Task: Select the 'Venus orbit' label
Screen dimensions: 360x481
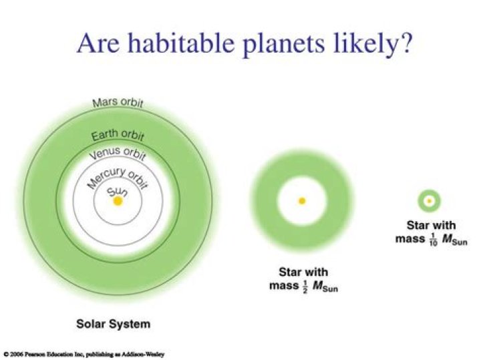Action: point(118,155)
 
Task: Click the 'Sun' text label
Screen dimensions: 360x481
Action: point(118,191)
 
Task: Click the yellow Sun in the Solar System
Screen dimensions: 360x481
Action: point(118,201)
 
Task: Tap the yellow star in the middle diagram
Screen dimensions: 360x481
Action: point(302,200)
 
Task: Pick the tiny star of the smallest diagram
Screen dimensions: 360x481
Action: point(428,200)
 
